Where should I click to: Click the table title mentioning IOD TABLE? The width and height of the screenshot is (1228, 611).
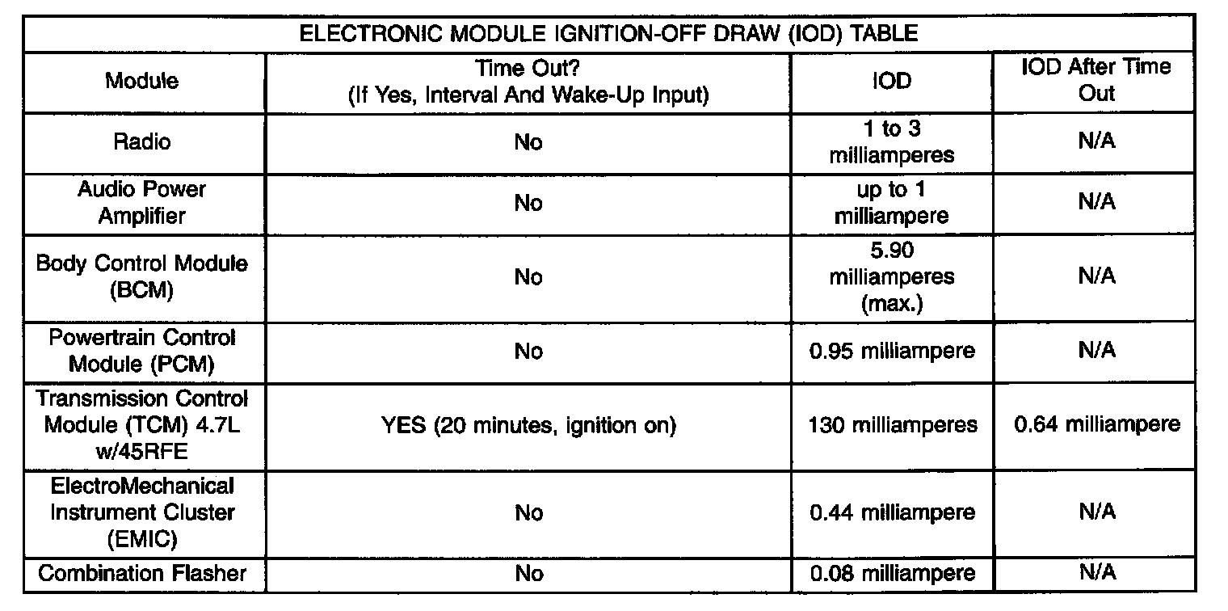[608, 35]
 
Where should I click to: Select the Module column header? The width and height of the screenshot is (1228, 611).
[141, 81]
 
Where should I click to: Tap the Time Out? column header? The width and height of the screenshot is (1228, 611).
[528, 81]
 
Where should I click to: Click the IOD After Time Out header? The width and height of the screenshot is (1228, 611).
[1096, 80]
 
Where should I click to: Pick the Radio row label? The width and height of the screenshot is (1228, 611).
[141, 142]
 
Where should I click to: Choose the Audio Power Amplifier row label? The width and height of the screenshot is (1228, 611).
[141, 202]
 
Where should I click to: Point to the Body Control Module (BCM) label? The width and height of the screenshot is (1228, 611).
[141, 277]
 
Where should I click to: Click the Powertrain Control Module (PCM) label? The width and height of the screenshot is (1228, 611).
[141, 351]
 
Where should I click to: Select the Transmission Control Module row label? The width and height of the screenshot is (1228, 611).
[141, 424]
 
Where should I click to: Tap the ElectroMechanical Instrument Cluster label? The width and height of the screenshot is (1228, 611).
[141, 512]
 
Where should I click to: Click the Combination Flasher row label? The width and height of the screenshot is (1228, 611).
[141, 574]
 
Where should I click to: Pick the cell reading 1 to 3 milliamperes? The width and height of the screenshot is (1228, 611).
[892, 142]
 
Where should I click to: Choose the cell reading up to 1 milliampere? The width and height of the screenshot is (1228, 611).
[892, 202]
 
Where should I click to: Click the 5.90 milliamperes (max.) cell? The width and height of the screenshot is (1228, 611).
[892, 277]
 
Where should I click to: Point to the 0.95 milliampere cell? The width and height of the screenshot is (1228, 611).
[892, 351]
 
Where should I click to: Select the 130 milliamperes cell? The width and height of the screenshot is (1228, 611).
[892, 424]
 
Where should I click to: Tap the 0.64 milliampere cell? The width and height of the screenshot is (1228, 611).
[1096, 424]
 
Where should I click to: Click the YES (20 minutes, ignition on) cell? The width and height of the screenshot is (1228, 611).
[528, 424]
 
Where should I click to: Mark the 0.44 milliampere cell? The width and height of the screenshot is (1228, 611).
[892, 512]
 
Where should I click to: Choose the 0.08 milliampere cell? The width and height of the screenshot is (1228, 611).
[892, 574]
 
